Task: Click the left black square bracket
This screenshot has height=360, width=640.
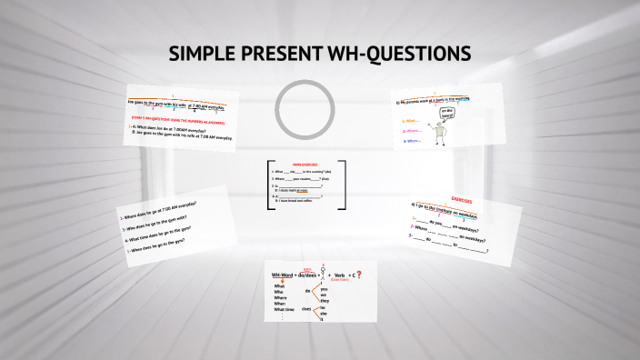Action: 269,186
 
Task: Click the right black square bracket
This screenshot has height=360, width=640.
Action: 342,186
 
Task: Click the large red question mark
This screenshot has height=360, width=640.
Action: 358,275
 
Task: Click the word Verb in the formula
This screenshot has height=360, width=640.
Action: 339,275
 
